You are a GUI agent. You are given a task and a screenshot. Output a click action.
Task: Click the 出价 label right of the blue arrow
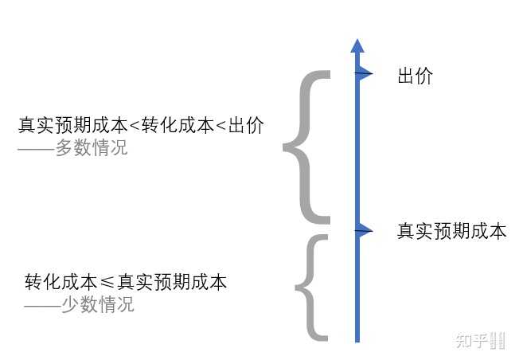click(x=415, y=76)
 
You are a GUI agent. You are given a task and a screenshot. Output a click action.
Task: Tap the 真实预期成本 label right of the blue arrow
click(x=451, y=232)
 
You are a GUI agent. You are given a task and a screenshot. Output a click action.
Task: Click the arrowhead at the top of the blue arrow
click(x=357, y=45)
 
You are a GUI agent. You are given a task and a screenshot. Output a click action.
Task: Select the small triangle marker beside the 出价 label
click(x=365, y=75)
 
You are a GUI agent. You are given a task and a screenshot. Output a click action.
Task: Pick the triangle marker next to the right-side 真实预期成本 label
click(x=365, y=231)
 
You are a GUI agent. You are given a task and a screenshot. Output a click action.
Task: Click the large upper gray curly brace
click(x=306, y=147)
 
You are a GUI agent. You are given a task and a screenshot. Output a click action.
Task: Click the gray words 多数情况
click(x=91, y=148)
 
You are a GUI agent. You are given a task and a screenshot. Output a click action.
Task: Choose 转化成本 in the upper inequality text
click(x=178, y=126)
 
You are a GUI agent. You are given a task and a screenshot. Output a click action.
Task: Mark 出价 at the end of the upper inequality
click(x=246, y=126)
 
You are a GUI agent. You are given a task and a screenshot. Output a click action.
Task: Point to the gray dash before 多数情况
click(x=36, y=148)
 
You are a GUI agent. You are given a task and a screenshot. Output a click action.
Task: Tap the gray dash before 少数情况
click(x=43, y=304)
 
